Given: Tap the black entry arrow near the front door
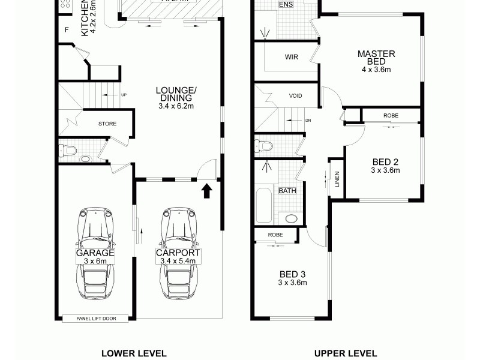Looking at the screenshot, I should click(x=206, y=191).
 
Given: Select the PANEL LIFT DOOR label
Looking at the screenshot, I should click(x=95, y=319).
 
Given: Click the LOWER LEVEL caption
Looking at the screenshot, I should click(x=134, y=353).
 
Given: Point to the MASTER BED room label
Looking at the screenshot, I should click(x=376, y=58).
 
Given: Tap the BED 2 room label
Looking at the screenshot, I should click(x=385, y=162).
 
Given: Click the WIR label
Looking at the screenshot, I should click(x=292, y=58).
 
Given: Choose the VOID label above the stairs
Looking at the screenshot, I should click(x=296, y=96).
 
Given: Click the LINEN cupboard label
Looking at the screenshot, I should click(x=337, y=179).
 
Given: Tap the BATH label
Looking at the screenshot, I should click(x=287, y=191).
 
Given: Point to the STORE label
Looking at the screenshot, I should click(x=107, y=124).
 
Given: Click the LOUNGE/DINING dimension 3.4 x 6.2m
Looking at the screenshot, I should click(x=176, y=106).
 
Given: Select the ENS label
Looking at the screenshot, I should click(x=286, y=4).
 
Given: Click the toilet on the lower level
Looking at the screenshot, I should click(x=69, y=150).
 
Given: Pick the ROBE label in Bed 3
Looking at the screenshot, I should click(x=275, y=235).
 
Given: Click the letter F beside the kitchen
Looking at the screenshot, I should click(x=67, y=28).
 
